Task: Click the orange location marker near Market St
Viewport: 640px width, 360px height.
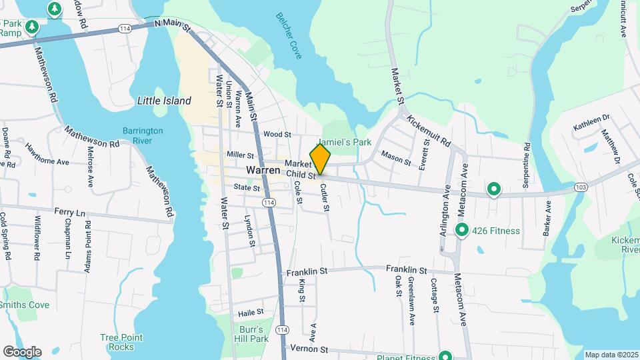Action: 320,159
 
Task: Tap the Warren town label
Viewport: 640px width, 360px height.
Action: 262,171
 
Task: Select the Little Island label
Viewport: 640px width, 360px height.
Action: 164,101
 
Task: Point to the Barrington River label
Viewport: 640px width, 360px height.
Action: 138,135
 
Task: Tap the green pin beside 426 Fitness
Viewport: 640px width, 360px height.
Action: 462,231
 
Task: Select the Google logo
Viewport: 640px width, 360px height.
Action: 22,352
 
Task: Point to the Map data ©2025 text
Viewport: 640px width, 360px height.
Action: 611,354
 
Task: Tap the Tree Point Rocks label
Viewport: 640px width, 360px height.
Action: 117,341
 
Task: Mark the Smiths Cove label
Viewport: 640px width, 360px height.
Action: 24,305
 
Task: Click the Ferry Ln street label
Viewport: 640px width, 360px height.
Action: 71,213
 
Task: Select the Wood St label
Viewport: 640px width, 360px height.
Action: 277,134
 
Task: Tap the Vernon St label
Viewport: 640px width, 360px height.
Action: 315,349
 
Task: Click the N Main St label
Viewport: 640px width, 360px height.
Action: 173,23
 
